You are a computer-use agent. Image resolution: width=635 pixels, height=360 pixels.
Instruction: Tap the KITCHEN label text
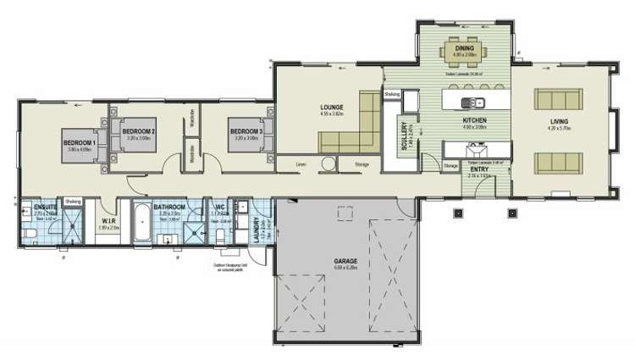[474, 121]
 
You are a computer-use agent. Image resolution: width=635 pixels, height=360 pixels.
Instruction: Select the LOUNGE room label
[330, 108]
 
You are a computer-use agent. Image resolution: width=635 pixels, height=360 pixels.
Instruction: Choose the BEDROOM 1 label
[80, 143]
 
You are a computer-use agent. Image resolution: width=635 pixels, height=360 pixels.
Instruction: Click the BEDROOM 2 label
[138, 131]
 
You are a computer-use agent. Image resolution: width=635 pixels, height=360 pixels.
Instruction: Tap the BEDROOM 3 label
[245, 131]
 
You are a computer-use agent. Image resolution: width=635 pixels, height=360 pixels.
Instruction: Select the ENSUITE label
[44, 206]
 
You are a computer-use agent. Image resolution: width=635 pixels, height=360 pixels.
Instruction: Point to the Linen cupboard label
[301, 163]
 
